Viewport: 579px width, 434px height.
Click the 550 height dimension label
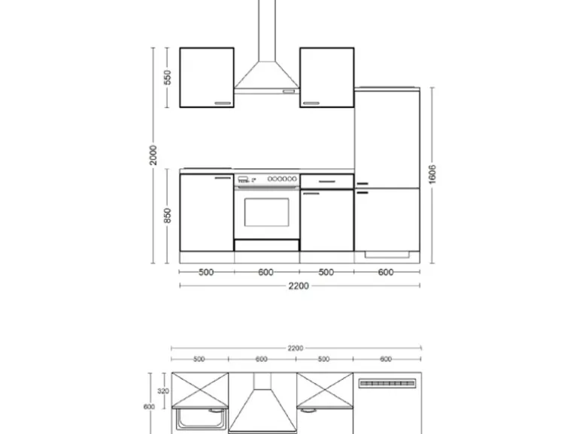click(x=168, y=77)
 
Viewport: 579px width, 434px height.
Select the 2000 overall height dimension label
click(x=153, y=155)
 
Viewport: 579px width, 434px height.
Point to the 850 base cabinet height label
click(x=168, y=215)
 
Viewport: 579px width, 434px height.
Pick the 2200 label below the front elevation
click(x=299, y=286)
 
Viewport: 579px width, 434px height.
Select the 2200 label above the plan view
click(x=296, y=348)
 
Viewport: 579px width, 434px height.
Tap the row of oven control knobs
click(x=283, y=179)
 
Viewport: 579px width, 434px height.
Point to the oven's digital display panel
click(x=247, y=179)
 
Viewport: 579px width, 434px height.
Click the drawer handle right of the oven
click(x=327, y=180)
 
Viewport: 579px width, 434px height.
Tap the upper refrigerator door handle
click(x=362, y=182)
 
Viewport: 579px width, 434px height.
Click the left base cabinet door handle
click(x=223, y=179)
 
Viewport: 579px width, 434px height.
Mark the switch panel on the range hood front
click(x=289, y=91)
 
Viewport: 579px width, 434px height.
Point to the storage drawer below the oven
click(x=266, y=244)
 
